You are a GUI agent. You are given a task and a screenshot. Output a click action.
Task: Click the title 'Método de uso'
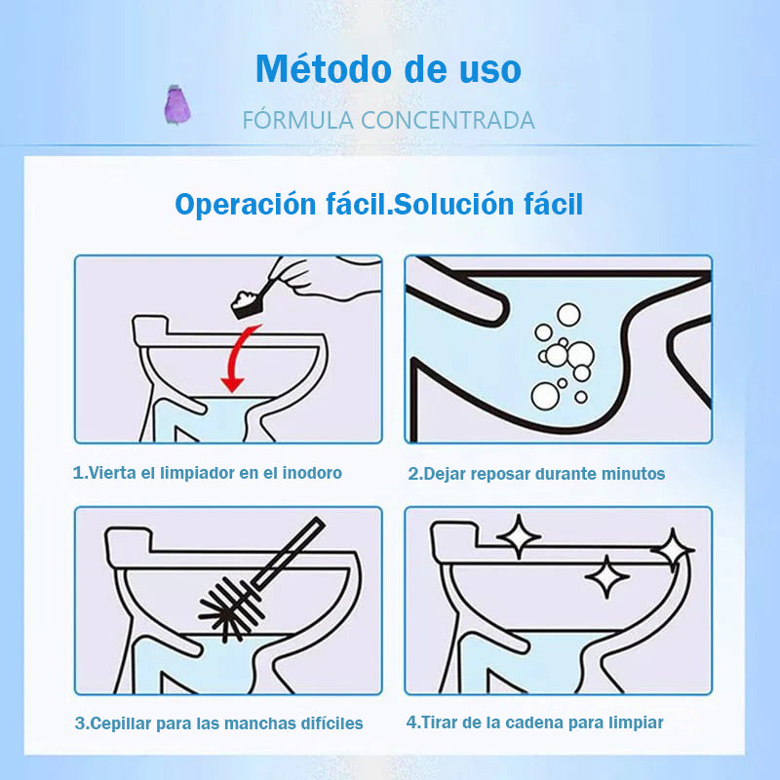click(x=388, y=68)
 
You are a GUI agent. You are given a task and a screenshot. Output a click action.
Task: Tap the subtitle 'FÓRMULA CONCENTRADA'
click(x=388, y=120)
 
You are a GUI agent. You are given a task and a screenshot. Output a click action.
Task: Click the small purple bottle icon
click(x=177, y=104)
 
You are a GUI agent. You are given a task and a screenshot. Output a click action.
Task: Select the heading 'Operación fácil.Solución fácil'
click(x=378, y=204)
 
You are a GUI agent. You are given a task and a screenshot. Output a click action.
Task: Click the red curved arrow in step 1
click(x=234, y=357)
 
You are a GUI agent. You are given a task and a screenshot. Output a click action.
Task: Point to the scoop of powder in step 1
click(x=248, y=302)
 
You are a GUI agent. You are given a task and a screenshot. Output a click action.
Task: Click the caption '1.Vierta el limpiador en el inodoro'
click(x=208, y=473)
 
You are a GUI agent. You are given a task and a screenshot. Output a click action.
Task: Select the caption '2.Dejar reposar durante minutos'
click(x=536, y=474)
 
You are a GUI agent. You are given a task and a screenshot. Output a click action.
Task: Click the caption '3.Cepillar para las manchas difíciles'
click(x=218, y=723)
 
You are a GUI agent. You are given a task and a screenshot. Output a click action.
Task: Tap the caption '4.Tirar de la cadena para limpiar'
click(x=534, y=722)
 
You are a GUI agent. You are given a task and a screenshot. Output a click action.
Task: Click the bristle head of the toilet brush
click(x=230, y=609)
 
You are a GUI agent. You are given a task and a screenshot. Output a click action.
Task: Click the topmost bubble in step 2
click(x=568, y=314)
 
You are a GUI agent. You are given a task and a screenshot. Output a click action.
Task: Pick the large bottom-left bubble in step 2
click(x=545, y=397)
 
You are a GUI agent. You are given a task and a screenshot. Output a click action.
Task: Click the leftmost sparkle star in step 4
click(x=519, y=536)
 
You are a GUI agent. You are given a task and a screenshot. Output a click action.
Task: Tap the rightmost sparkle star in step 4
click(x=673, y=550)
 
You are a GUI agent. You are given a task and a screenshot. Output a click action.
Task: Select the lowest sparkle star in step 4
click(x=606, y=576)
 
